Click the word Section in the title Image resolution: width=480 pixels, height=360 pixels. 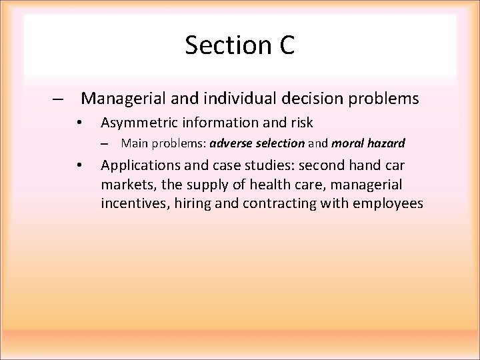(x=223, y=45)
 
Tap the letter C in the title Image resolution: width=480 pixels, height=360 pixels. (x=283, y=45)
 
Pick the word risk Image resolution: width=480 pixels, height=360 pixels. (x=301, y=123)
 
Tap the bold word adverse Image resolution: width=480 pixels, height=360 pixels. (x=229, y=143)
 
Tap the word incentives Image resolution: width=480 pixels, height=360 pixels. (x=135, y=203)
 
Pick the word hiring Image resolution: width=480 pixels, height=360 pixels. (x=193, y=203)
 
